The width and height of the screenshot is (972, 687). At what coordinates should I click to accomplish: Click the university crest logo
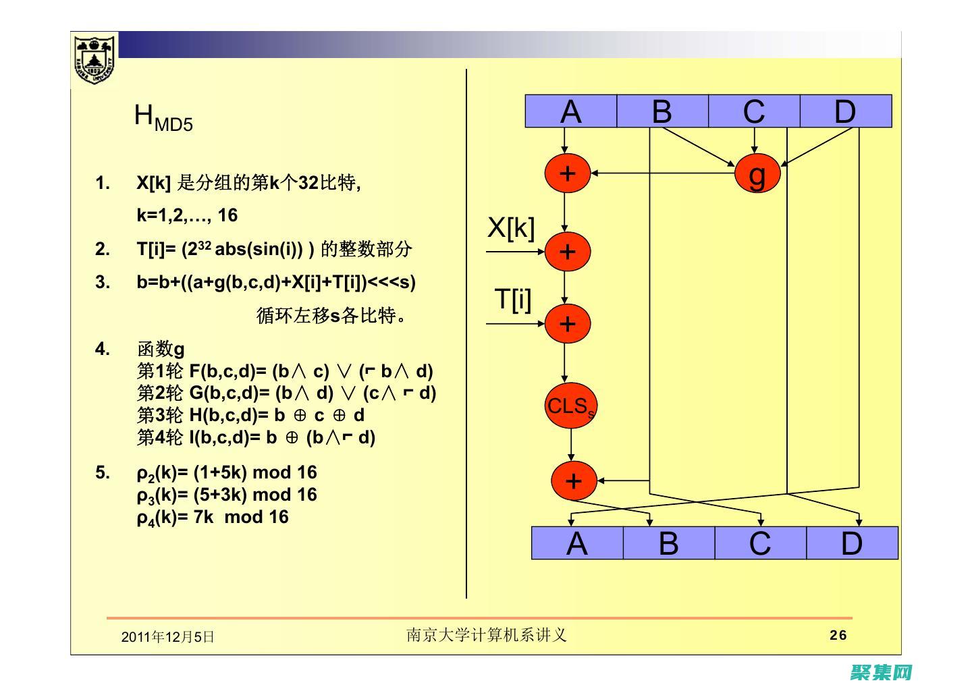click(x=94, y=59)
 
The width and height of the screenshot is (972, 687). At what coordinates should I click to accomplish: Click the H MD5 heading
click(x=163, y=117)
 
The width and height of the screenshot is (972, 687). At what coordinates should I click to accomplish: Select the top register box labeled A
click(x=571, y=111)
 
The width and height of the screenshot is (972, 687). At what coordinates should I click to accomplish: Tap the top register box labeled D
click(x=845, y=111)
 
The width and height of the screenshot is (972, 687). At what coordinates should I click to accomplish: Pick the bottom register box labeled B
click(x=668, y=543)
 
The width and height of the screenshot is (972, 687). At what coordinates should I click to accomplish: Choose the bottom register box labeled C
click(x=760, y=543)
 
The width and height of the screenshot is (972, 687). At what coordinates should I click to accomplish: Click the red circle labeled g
click(x=757, y=173)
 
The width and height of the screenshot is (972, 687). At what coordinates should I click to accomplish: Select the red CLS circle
click(x=571, y=406)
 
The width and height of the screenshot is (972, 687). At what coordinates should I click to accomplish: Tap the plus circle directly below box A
click(x=568, y=173)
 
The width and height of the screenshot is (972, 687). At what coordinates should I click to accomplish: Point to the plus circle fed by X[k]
click(x=568, y=252)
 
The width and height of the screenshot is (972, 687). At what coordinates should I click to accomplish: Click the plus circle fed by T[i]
click(x=568, y=324)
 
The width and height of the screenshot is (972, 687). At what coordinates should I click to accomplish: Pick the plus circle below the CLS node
click(x=574, y=481)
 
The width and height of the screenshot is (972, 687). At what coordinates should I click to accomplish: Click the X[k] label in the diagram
click(x=511, y=228)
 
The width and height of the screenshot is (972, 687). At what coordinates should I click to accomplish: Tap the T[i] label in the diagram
click(x=513, y=299)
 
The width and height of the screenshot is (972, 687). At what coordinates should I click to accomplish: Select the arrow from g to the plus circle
click(x=661, y=173)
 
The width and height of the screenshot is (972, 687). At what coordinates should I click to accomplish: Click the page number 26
click(x=838, y=635)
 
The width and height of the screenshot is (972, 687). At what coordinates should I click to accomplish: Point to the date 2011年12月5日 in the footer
click(x=167, y=637)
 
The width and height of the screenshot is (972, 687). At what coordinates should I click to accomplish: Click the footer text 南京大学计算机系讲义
click(x=486, y=635)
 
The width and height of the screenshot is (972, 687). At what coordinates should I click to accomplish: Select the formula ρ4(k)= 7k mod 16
click(x=213, y=518)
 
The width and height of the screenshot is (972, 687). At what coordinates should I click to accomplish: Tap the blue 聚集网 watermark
click(x=882, y=672)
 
